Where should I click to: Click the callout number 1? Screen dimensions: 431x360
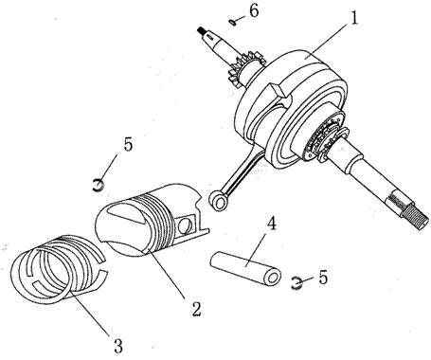tap(354, 19)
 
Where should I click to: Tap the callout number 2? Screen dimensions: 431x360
tap(196, 309)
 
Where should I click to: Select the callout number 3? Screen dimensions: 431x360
tap(117, 346)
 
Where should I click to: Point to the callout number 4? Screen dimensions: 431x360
tap(271, 224)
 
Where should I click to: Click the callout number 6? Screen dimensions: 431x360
tap(254, 10)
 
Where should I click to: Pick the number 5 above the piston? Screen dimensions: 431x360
tap(128, 145)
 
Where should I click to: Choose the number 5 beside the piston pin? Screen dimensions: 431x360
tap(323, 278)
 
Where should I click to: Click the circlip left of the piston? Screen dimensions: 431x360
tap(99, 186)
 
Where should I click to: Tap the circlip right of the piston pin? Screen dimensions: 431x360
tap(296, 282)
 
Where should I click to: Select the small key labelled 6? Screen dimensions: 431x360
tap(233, 22)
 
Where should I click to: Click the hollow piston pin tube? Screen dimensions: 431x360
tap(245, 267)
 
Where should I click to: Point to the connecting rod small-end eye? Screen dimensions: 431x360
tap(218, 201)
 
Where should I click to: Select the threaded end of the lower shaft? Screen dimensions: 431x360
tap(414, 214)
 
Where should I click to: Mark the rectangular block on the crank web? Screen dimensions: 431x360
tap(278, 91)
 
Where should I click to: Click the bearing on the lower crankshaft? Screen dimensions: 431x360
tap(326, 138)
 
